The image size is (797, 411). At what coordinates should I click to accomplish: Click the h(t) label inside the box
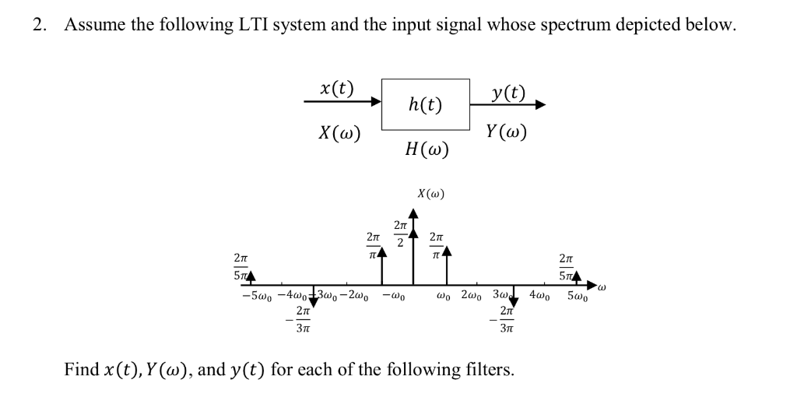click(x=425, y=104)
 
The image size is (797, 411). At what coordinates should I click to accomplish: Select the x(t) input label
click(x=337, y=88)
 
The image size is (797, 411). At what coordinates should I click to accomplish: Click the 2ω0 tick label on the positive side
click(x=474, y=296)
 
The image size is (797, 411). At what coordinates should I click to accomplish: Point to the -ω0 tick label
click(x=391, y=297)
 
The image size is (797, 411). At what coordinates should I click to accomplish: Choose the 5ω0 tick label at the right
click(x=579, y=297)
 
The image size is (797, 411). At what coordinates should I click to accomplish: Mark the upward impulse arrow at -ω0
click(x=381, y=265)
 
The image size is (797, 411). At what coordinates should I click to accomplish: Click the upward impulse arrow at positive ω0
click(x=447, y=265)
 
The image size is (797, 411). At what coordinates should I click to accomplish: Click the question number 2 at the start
click(x=37, y=25)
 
